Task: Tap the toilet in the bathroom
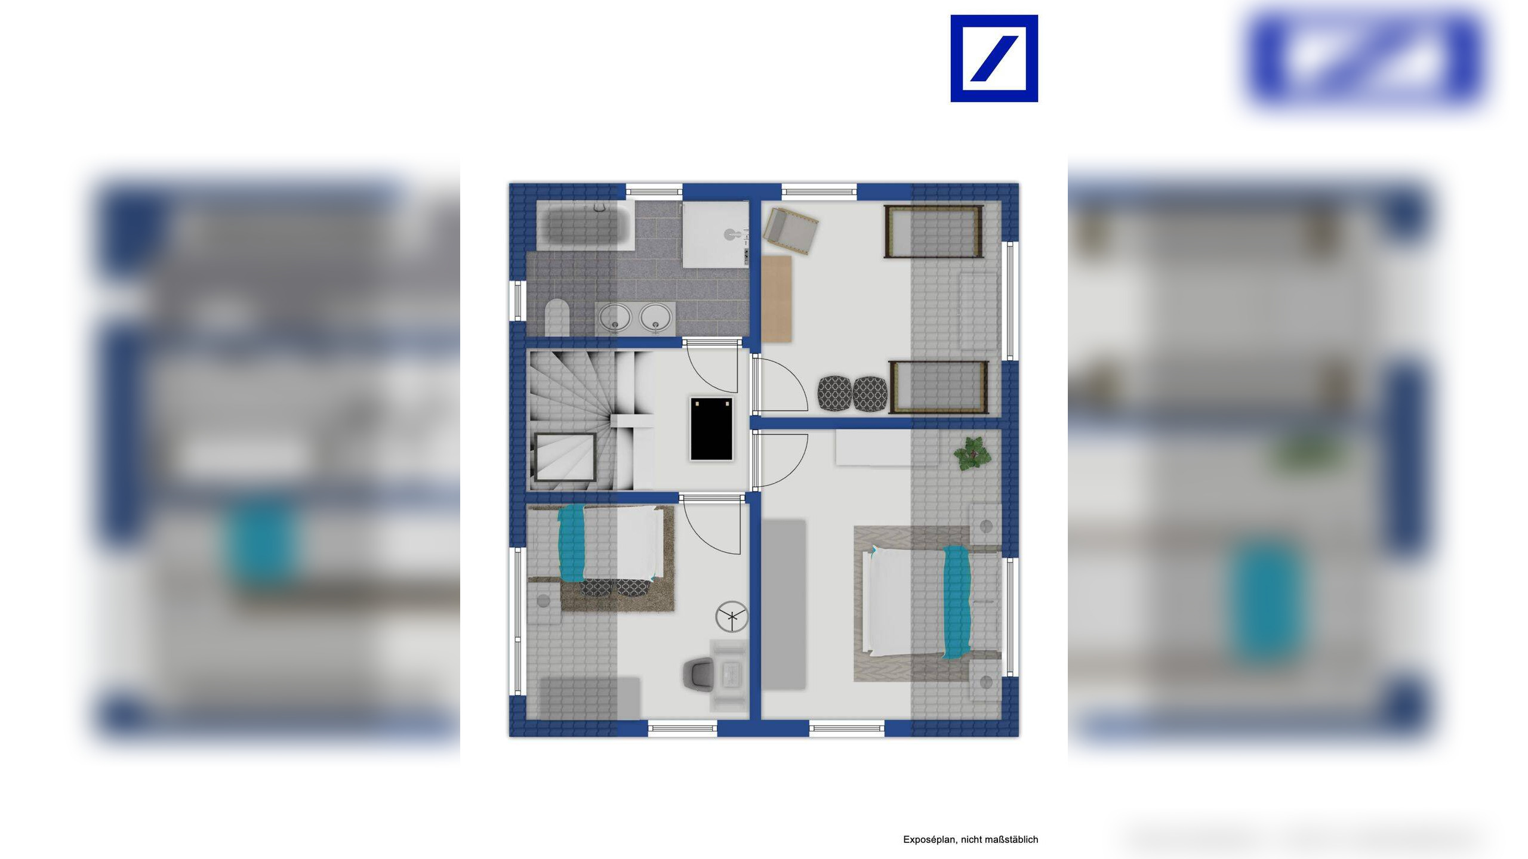pyautogui.click(x=557, y=317)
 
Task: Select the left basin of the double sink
pyautogui.click(x=615, y=317)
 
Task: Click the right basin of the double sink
pyautogui.click(x=655, y=317)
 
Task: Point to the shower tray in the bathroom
pyautogui.click(x=715, y=234)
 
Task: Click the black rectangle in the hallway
pyautogui.click(x=711, y=429)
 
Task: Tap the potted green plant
pyautogui.click(x=972, y=453)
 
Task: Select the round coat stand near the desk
pyautogui.click(x=731, y=616)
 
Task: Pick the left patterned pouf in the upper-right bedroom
pyautogui.click(x=834, y=393)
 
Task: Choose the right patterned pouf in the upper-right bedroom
pyautogui.click(x=870, y=394)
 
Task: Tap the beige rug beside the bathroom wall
pyautogui.click(x=777, y=299)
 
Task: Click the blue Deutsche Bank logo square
pyautogui.click(x=994, y=58)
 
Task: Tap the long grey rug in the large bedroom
pyautogui.click(x=784, y=604)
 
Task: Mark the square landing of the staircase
pyautogui.click(x=565, y=456)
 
